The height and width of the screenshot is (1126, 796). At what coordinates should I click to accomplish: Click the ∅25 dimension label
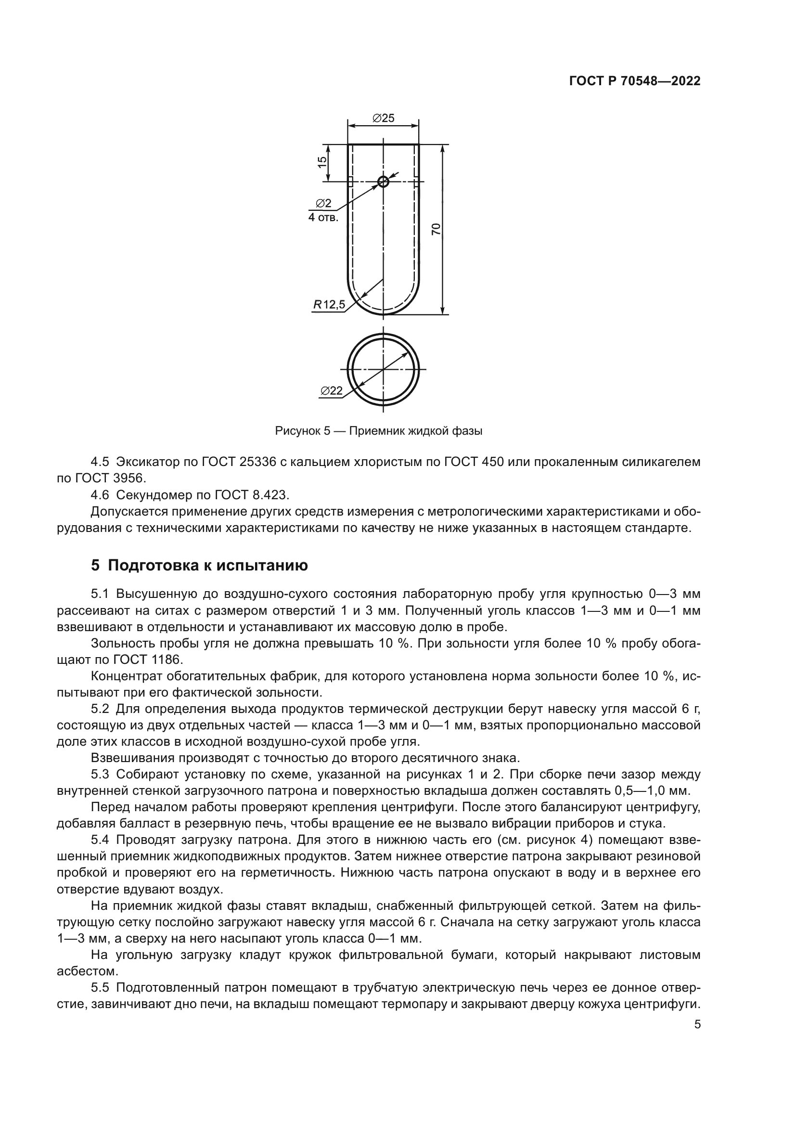(x=383, y=118)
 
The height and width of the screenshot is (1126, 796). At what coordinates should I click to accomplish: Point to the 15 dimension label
(x=322, y=162)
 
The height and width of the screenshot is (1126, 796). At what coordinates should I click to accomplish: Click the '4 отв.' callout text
(x=323, y=217)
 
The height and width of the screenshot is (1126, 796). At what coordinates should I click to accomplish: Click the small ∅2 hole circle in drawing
(x=383, y=182)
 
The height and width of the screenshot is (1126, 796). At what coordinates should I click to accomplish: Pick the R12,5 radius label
(x=329, y=305)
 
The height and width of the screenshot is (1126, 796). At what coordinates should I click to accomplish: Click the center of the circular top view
(x=383, y=369)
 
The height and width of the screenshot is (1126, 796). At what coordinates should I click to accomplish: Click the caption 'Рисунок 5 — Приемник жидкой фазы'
(x=379, y=431)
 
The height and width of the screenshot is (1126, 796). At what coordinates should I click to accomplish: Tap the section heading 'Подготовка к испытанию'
(x=208, y=566)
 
